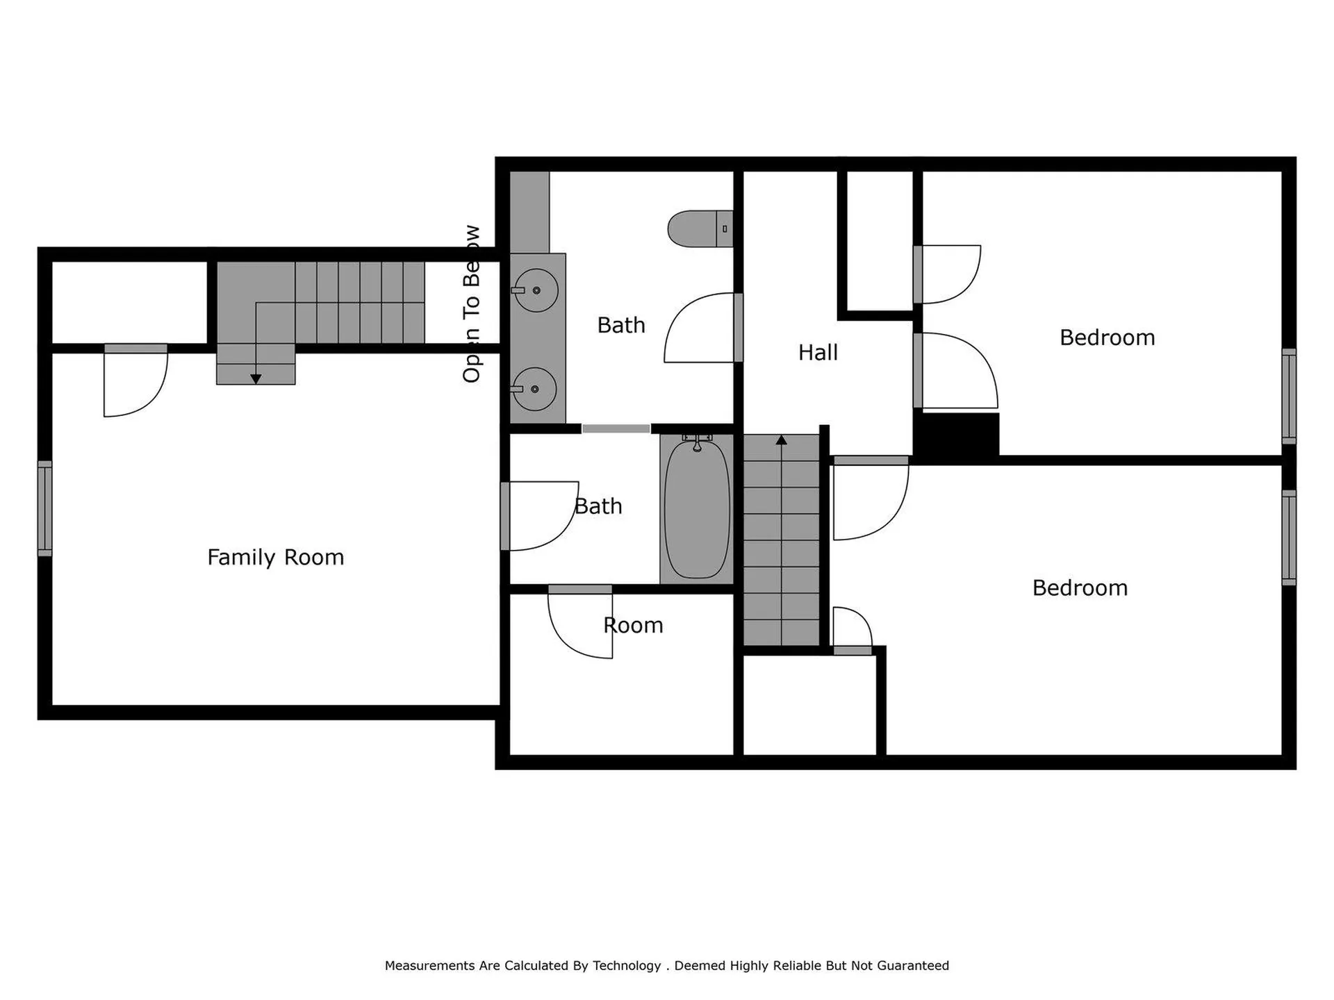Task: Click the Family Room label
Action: click(275, 557)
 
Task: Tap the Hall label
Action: click(818, 353)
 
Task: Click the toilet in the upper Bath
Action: click(698, 228)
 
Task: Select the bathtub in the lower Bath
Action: click(697, 509)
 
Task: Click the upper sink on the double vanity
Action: click(536, 290)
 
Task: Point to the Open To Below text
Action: click(472, 303)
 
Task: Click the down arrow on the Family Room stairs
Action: click(256, 379)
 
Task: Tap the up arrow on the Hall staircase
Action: click(781, 440)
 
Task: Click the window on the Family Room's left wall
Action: click(44, 508)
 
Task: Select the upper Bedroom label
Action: click(1107, 337)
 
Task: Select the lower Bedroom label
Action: click(1080, 588)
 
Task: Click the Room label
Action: click(633, 626)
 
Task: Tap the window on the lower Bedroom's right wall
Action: click(1289, 537)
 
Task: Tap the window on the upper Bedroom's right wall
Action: click(1289, 396)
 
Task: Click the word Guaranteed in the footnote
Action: click(912, 965)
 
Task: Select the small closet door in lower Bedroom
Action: click(852, 629)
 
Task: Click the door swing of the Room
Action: click(580, 623)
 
